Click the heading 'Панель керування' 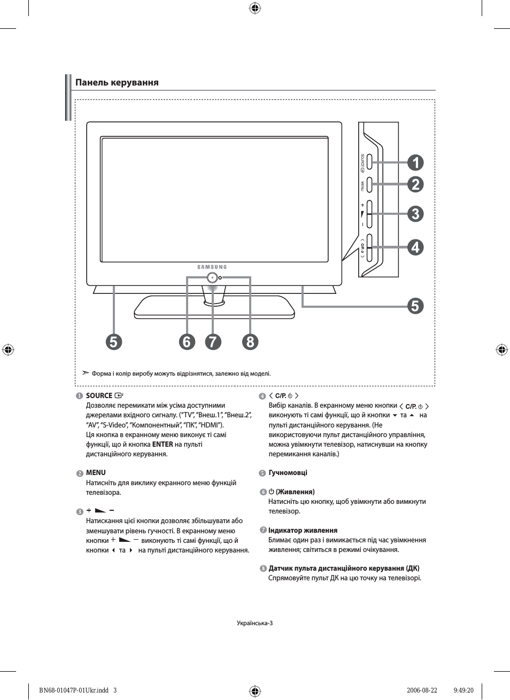(x=117, y=82)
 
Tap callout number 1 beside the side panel (x=415, y=162)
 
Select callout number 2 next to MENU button (x=415, y=184)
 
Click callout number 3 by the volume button (x=415, y=214)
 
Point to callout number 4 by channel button (x=415, y=247)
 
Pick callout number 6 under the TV (x=187, y=341)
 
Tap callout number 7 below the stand (x=213, y=341)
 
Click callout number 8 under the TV (x=250, y=341)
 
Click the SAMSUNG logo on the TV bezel (x=212, y=267)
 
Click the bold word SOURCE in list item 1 (x=99, y=395)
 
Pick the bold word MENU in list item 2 (x=96, y=472)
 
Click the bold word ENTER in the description (x=163, y=444)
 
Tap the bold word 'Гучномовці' (x=288, y=472)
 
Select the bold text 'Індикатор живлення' (x=303, y=530)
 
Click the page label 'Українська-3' (x=254, y=623)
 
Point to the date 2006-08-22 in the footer (x=422, y=690)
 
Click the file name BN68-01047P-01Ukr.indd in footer (x=74, y=690)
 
